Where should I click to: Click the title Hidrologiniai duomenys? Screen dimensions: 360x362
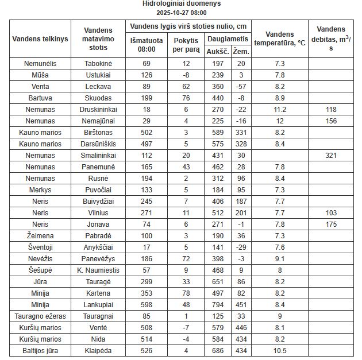[x=181, y=3]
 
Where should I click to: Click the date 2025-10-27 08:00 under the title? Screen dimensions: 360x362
[x=181, y=12]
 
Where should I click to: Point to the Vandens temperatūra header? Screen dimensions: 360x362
[x=280, y=38]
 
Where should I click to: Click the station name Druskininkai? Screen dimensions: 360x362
[x=98, y=109]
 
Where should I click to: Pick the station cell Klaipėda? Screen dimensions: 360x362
[x=98, y=350]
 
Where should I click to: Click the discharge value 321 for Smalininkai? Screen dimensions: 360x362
[x=331, y=155]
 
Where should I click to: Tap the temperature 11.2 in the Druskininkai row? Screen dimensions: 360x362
[x=280, y=109]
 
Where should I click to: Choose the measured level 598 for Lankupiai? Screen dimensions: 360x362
[x=147, y=304]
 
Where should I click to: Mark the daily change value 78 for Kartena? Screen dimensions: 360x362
[x=186, y=293]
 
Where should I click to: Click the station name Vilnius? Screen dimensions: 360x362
[x=98, y=212]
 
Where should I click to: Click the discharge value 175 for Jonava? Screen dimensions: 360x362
[x=331, y=224]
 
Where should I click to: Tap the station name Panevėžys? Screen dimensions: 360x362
[x=98, y=258]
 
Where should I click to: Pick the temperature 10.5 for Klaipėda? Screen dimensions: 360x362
[x=280, y=350]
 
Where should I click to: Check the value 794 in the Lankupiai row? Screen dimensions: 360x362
[x=218, y=304]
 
